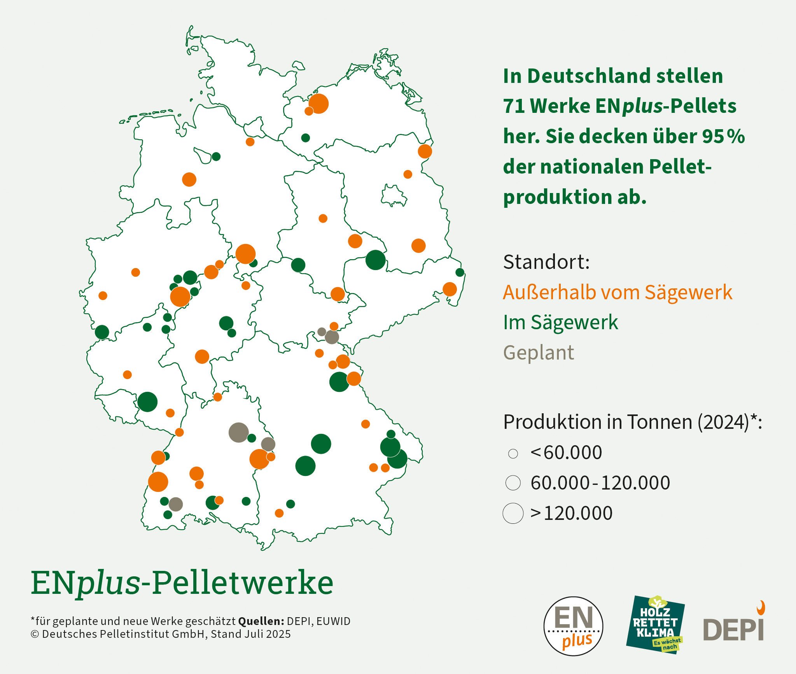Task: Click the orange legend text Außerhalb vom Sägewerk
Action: [617, 292]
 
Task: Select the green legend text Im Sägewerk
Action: [560, 323]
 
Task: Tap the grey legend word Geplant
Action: [539, 353]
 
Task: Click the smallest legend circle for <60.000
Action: [513, 453]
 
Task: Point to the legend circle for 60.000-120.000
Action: [513, 483]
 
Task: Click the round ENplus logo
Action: [573, 626]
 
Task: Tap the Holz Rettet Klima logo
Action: [655, 624]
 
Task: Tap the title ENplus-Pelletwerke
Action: [182, 583]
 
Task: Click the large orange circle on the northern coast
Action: [318, 104]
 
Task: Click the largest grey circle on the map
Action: [238, 432]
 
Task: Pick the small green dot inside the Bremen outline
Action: [216, 156]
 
